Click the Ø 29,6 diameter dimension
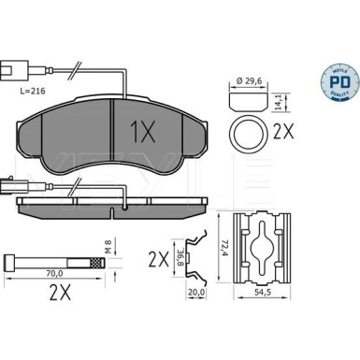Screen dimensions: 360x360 click(251, 82)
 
